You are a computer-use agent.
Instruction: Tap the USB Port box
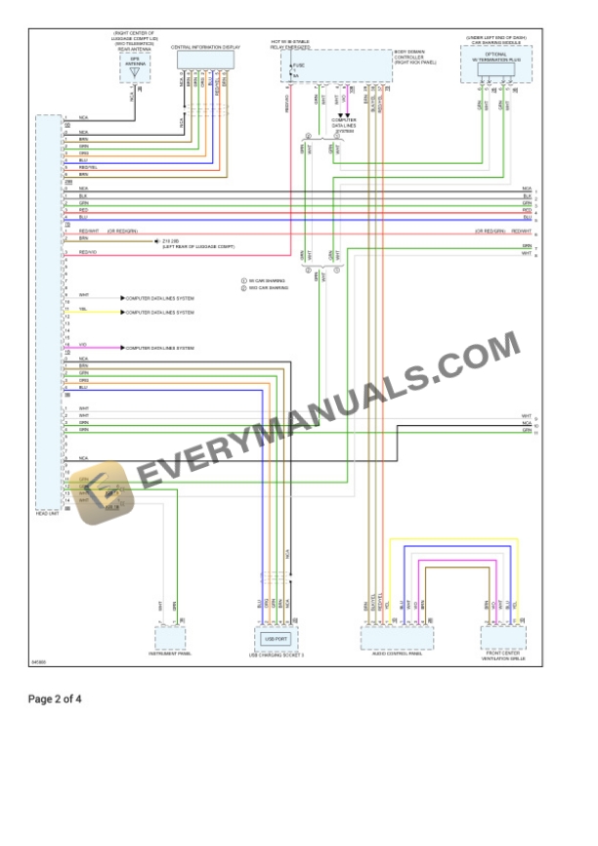(276, 638)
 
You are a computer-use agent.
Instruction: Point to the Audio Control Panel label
(396, 655)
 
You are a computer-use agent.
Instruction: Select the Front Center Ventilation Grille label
(503, 656)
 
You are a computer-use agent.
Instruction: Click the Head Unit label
(48, 514)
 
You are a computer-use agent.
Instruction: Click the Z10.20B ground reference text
(170, 239)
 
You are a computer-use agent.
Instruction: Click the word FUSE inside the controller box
(299, 65)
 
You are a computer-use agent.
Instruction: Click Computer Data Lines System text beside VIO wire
(160, 348)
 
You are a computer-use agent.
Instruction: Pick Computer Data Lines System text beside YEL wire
(160, 313)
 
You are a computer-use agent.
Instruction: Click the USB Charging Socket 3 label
(276, 656)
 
